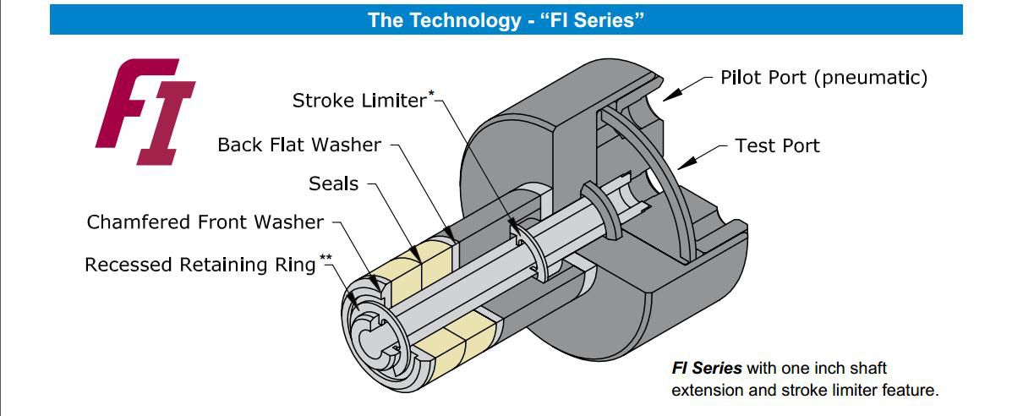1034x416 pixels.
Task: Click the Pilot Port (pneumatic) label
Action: (x=823, y=79)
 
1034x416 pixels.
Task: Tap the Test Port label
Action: (x=777, y=145)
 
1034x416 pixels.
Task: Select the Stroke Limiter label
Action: (x=360, y=101)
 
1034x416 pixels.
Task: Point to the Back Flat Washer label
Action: (x=299, y=145)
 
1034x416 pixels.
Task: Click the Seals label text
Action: (x=334, y=183)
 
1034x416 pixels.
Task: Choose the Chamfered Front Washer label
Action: (x=205, y=222)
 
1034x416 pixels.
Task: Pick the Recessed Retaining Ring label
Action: (x=200, y=265)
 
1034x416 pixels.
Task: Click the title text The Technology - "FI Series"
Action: (x=506, y=19)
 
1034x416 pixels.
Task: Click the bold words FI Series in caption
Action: (x=707, y=369)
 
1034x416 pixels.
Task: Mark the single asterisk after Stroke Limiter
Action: (x=432, y=96)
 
